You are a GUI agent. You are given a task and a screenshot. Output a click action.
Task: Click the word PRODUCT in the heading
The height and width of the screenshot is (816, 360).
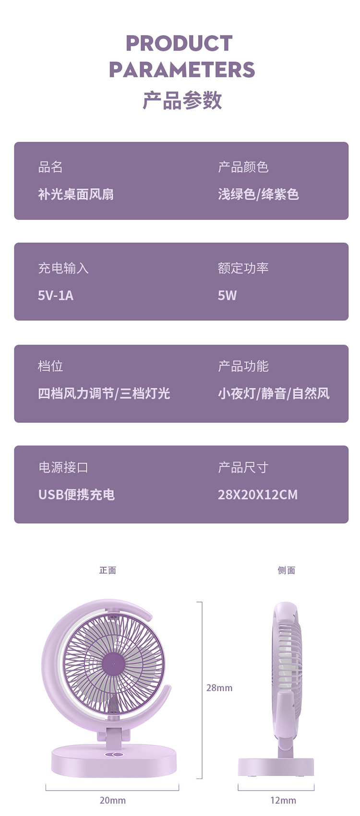pos(179,43)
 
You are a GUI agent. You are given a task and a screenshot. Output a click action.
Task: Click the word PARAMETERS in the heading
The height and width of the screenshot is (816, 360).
pos(181,70)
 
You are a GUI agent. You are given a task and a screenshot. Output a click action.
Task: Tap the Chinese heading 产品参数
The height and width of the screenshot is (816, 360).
pos(182,100)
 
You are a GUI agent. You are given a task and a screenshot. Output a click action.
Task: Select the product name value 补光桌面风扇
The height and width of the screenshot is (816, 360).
pos(76,194)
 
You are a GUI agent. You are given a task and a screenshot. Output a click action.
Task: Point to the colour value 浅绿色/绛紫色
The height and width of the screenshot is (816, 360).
pos(258,194)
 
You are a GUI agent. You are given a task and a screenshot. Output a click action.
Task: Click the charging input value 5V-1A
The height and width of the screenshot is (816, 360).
pos(56,296)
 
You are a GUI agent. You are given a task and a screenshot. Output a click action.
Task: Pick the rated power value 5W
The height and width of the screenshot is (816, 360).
pos(227,296)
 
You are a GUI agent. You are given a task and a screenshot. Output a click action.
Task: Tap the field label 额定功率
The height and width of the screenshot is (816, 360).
pos(243,268)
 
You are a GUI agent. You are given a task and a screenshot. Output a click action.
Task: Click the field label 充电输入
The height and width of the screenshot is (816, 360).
pos(63,268)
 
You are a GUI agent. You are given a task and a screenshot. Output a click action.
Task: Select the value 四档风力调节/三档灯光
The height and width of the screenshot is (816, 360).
pos(104,394)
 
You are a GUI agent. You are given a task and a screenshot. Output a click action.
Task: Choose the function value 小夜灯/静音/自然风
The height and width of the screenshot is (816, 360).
pos(274,394)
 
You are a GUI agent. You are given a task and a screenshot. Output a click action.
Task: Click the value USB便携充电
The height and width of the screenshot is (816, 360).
pos(76,494)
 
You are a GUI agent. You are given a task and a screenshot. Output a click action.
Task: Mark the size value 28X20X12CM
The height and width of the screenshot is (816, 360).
pos(258,494)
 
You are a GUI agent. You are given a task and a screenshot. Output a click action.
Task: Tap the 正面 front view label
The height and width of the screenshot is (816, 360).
pos(108,570)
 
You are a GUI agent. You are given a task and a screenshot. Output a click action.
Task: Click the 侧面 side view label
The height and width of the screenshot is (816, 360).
pos(286,570)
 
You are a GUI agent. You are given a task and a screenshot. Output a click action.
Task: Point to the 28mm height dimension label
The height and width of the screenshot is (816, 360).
pos(219,688)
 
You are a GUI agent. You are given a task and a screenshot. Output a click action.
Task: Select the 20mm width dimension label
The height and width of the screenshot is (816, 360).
pos(112,800)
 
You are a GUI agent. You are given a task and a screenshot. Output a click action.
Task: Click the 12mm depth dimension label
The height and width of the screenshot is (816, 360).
pos(283,800)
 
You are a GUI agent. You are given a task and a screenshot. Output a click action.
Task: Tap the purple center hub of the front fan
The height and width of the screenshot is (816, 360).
pos(114,664)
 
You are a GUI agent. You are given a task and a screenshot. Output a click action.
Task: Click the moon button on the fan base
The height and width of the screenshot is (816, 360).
pos(114,756)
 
